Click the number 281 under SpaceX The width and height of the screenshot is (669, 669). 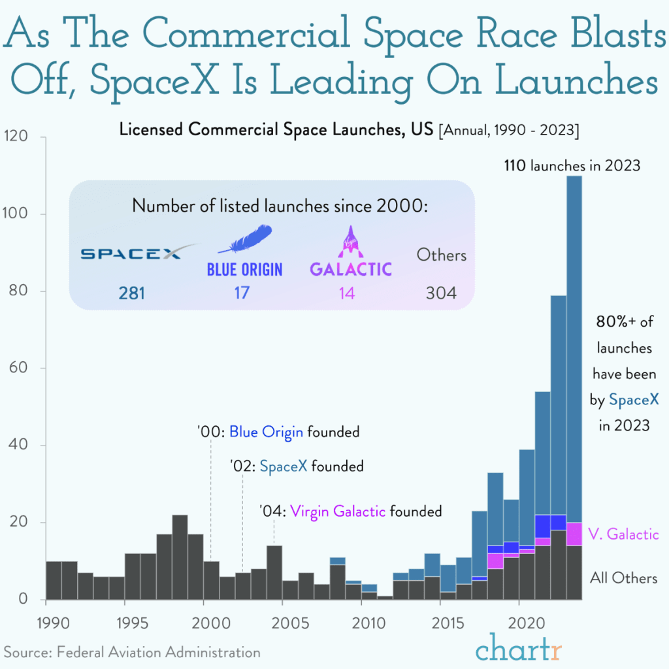131,293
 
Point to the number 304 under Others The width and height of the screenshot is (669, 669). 441,293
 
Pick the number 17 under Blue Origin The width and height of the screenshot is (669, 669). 242,293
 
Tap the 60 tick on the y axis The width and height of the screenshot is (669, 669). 18,368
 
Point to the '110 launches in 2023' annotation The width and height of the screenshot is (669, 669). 572,166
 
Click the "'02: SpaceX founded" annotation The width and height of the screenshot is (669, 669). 297,466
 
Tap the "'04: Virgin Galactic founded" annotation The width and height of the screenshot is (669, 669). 350,511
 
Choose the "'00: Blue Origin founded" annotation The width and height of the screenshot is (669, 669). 278,432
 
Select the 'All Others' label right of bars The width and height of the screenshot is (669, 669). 623,578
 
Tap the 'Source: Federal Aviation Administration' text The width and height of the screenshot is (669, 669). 132,652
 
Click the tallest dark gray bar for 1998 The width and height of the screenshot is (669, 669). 180,557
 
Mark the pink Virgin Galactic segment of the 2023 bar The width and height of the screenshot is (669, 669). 574,534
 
